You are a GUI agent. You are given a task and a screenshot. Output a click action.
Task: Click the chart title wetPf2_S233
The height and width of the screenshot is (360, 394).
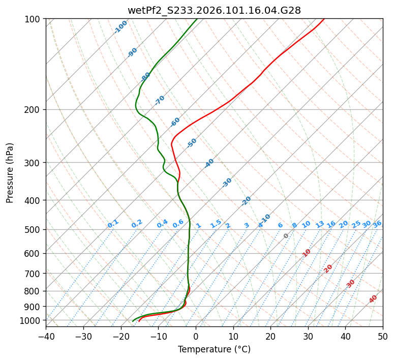(x=214, y=10)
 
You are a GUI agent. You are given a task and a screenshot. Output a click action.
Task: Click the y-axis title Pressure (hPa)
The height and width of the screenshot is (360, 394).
(x=10, y=173)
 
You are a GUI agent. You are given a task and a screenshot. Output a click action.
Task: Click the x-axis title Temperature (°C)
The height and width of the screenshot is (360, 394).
(x=214, y=350)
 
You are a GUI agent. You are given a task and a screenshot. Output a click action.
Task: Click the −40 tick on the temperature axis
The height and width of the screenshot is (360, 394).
(x=46, y=337)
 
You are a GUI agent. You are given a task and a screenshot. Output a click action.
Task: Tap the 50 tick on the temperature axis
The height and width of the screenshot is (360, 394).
(x=383, y=337)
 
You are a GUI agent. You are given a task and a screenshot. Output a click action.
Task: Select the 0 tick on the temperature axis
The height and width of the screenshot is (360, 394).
(x=196, y=337)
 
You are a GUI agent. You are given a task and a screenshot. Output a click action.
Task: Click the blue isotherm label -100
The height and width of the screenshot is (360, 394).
(x=120, y=27)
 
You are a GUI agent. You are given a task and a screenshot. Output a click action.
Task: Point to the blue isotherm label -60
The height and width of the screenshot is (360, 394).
(x=175, y=122)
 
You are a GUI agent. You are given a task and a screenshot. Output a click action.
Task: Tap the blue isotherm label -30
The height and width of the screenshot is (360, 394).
(x=227, y=183)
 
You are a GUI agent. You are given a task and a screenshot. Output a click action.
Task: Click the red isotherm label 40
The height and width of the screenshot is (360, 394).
(x=373, y=299)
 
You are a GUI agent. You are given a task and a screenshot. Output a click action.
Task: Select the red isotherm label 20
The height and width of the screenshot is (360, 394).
(x=328, y=268)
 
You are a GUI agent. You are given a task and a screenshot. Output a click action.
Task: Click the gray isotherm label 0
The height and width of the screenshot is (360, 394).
(x=286, y=236)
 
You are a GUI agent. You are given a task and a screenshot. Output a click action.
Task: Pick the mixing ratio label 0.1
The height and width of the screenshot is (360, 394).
(x=113, y=224)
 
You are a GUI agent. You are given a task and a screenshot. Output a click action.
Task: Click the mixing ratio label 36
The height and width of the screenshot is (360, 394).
(x=377, y=224)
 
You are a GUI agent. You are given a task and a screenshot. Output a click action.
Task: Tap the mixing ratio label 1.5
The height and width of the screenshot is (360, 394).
(x=216, y=224)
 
